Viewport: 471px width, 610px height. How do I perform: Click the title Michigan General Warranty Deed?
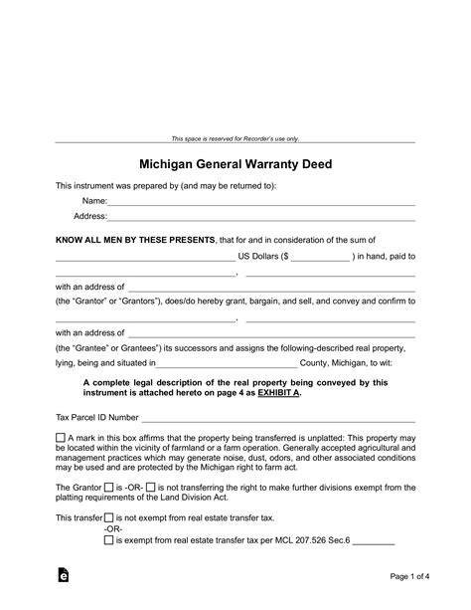pyautogui.click(x=235, y=161)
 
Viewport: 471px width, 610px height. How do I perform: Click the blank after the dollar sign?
pyautogui.click(x=321, y=257)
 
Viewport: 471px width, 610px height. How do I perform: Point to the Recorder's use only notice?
pyautogui.click(x=235, y=138)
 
